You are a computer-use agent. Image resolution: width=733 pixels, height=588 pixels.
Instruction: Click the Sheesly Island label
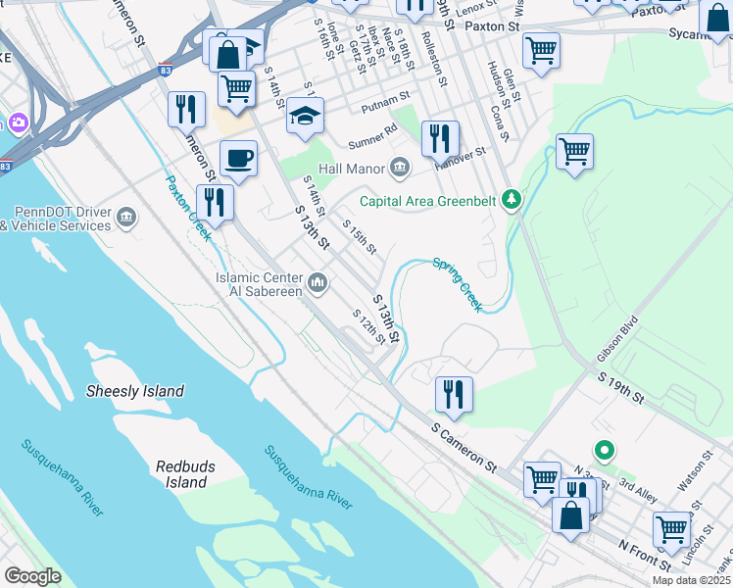[x=135, y=391]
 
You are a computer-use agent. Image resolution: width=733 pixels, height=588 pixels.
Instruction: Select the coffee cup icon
[x=238, y=158]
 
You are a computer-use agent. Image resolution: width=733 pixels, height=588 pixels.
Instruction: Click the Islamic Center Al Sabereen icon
[x=317, y=284]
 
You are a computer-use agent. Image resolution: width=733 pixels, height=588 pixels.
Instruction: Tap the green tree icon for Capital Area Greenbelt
[x=510, y=201]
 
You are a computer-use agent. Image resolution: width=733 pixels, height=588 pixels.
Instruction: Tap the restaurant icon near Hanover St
[x=440, y=137]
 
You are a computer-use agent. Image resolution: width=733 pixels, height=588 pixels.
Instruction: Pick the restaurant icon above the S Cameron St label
[x=454, y=392]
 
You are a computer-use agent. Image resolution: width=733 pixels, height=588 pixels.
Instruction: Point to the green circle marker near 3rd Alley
[x=606, y=451]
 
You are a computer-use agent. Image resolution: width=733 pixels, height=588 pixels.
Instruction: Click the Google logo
[x=32, y=576]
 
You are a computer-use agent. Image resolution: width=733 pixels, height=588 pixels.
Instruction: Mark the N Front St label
[x=644, y=555]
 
